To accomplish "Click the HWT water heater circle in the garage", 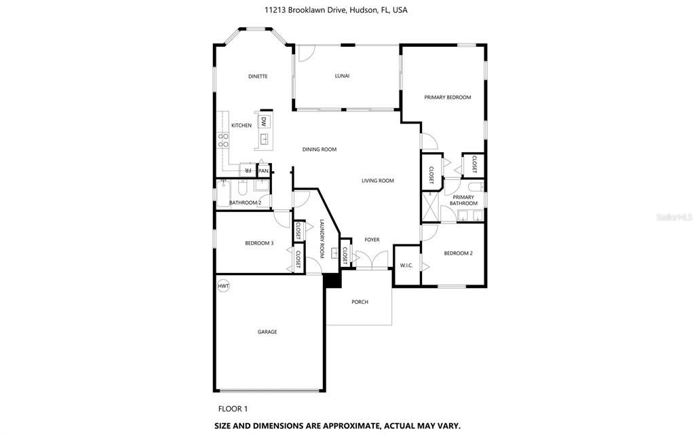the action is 223,286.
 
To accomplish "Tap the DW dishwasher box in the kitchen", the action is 264,122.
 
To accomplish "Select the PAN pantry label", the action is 263,170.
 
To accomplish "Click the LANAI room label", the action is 342,76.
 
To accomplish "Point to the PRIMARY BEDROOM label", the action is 448,97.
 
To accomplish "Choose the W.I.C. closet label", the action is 406,266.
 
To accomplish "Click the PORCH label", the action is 360,302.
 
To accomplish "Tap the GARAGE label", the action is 267,331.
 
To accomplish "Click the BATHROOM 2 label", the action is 245,202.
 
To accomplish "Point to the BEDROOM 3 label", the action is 259,243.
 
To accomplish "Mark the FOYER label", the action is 372,240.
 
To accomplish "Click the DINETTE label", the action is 258,76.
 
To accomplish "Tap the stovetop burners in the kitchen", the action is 223,140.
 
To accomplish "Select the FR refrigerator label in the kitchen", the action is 248,170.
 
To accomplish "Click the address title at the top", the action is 336,10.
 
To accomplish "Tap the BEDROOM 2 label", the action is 459,253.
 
